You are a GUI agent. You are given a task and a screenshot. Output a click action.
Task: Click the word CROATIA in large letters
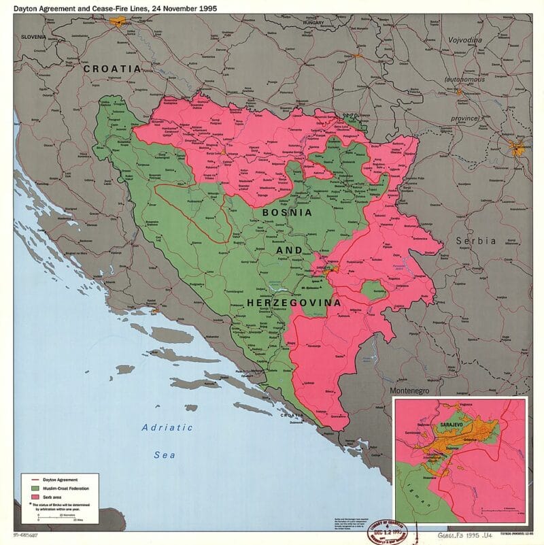click(112, 69)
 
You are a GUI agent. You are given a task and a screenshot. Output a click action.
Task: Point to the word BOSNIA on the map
click(284, 212)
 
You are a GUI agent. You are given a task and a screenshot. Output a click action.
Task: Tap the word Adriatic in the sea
click(167, 427)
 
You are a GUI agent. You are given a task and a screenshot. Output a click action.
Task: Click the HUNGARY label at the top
click(316, 23)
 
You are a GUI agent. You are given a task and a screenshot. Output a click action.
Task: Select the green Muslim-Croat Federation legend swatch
click(27, 488)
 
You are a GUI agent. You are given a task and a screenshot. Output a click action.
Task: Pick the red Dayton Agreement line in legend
click(27, 480)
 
